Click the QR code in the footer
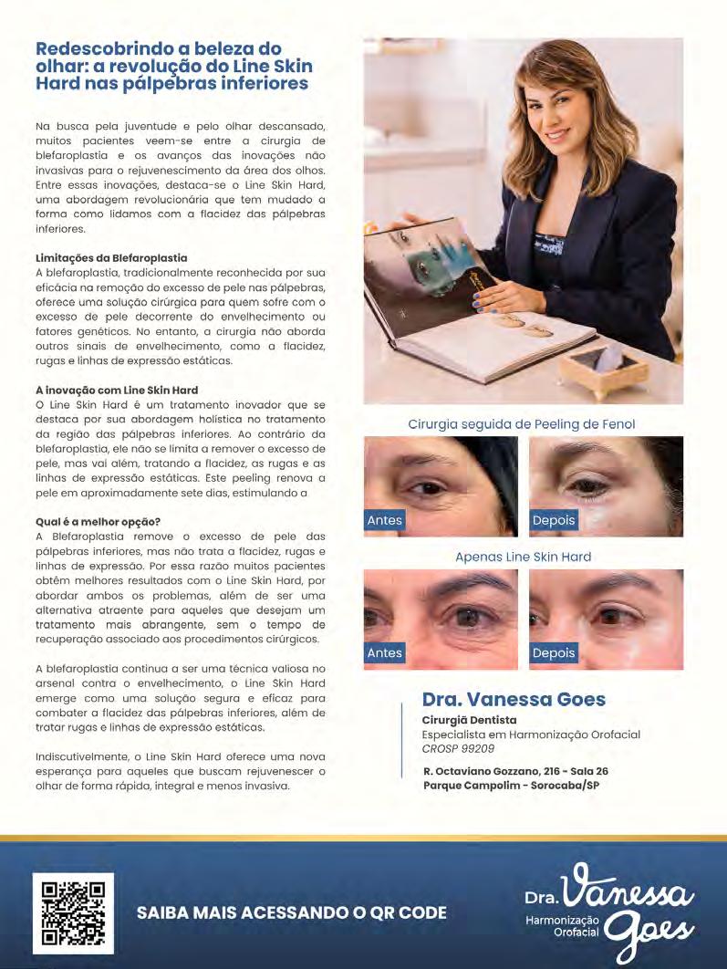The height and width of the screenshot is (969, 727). [x=73, y=913]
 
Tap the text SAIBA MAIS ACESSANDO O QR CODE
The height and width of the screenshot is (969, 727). [x=292, y=912]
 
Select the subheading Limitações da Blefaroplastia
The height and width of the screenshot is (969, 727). [x=110, y=258]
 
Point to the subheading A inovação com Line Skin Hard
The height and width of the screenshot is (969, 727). [x=117, y=390]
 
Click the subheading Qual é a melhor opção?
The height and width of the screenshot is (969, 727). [x=98, y=521]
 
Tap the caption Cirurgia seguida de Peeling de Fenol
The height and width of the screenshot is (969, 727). [x=522, y=424]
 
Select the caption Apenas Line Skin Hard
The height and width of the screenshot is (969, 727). [x=523, y=557]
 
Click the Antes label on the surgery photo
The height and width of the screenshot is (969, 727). [x=384, y=520]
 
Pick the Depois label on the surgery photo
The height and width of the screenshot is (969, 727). [x=554, y=520]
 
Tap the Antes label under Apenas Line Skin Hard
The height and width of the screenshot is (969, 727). [x=384, y=652]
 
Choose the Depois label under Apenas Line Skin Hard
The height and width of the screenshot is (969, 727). [x=554, y=652]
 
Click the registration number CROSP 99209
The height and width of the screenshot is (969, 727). [x=458, y=748]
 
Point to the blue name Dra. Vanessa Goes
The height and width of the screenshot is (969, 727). [x=514, y=700]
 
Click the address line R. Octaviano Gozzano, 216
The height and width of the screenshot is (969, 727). [x=515, y=771]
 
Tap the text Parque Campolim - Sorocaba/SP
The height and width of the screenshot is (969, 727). [x=511, y=785]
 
